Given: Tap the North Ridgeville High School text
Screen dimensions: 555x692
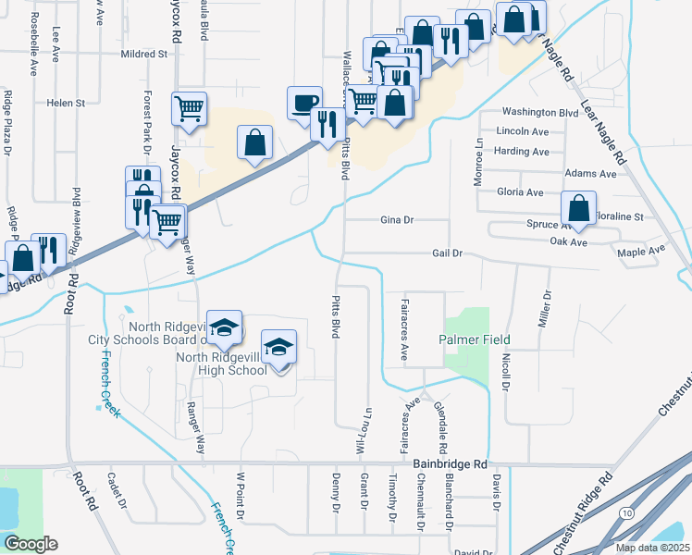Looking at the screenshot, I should pos(221,364).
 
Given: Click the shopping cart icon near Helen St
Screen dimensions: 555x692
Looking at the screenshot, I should pos(189,108).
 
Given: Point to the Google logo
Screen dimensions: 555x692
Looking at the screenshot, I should pos(31,544).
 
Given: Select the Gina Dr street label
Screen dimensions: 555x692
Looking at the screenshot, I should pos(396,220).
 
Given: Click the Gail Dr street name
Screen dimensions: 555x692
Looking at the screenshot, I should pos(446,253).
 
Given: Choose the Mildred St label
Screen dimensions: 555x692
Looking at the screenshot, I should pos(143,55).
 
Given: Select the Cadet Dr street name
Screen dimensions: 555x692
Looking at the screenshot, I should pos(116,491).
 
